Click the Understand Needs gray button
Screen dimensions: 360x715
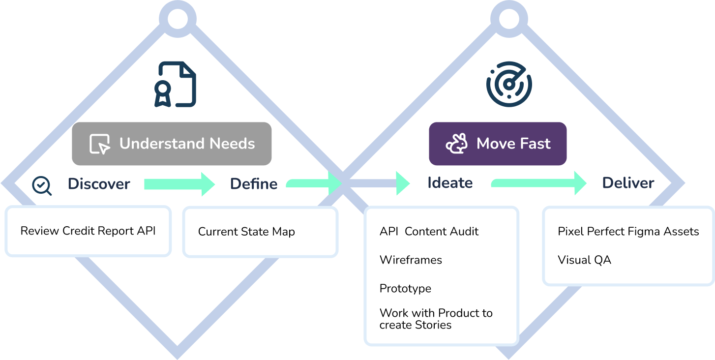coord(172,144)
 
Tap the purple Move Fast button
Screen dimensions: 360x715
coord(498,144)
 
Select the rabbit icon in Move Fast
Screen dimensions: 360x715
coord(456,144)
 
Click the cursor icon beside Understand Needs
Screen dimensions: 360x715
coord(100,144)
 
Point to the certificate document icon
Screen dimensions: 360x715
coord(175,84)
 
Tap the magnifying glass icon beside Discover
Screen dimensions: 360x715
coord(42,185)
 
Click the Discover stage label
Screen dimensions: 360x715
coord(99,184)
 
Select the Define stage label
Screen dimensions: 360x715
coord(254,184)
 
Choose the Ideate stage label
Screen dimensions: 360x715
coord(450,183)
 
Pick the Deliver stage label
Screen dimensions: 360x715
coord(628,183)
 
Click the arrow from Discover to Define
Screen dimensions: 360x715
coord(179,184)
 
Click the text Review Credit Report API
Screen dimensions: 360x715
coord(88,231)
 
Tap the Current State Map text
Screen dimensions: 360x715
coord(246,232)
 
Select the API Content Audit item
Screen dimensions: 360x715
coord(429,232)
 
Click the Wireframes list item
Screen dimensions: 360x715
coord(411,260)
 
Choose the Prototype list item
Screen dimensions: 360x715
coord(405,288)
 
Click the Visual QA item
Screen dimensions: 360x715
coord(584,260)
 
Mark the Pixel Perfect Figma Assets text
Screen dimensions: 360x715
coord(628,232)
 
